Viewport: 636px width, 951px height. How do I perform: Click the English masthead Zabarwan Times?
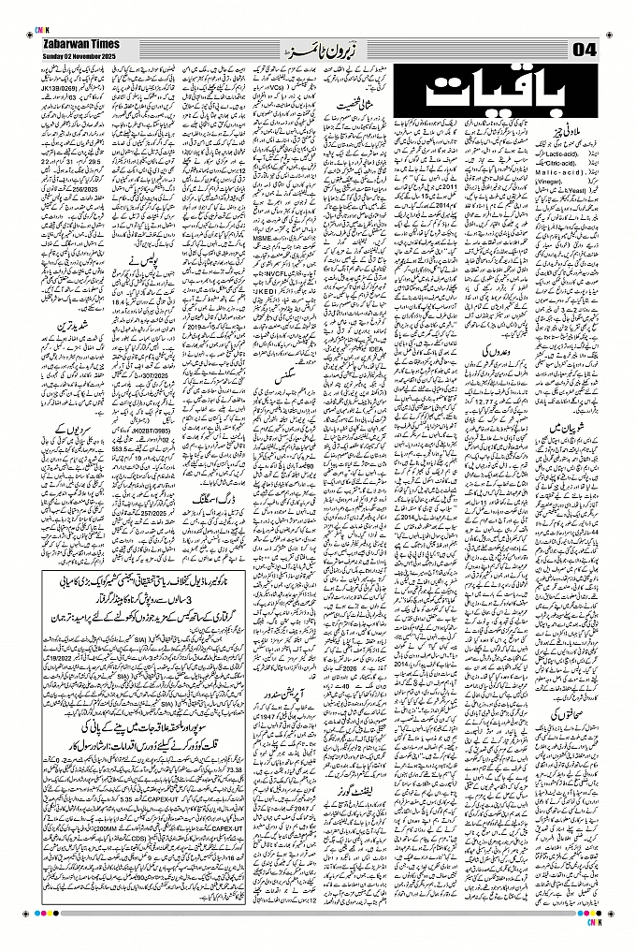[80, 44]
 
